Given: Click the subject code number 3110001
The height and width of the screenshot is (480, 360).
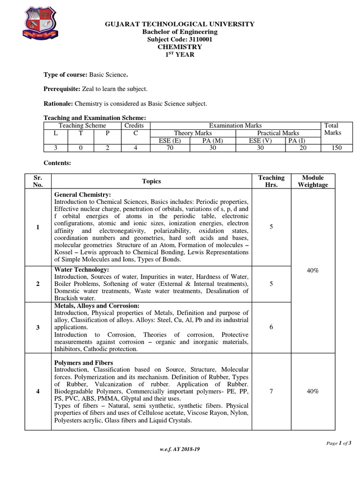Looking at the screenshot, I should coord(194,39).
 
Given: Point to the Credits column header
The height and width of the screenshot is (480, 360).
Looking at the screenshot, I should coord(134,126).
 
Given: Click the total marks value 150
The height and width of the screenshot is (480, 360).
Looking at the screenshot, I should coord(335,148).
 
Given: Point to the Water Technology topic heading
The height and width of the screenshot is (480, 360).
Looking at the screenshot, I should coord(82,270).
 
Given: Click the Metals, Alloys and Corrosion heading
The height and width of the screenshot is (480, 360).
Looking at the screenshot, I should coord(97,306).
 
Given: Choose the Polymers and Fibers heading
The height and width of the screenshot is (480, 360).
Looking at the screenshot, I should coord(84,363).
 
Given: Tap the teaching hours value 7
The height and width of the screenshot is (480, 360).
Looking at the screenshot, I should coord(271,391).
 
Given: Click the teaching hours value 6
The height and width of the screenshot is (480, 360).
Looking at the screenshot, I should coord(271,327).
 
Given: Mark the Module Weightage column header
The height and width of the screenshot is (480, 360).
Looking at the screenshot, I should coord(313,181).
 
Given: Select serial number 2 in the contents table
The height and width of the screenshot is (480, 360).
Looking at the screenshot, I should coord(37,284).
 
